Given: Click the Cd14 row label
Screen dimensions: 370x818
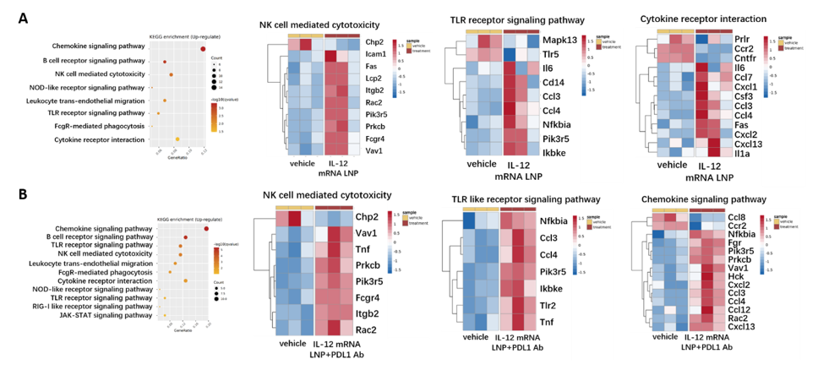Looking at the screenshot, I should tap(553, 82).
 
